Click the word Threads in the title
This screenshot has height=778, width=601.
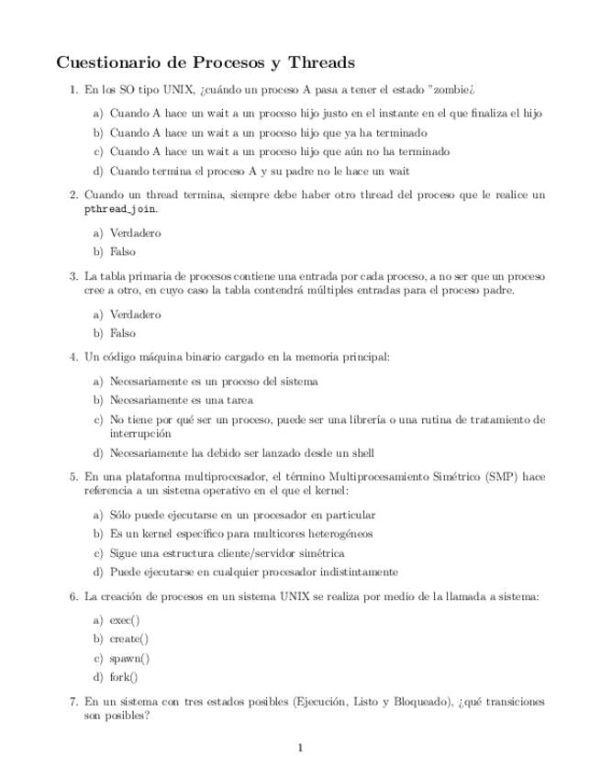[x=321, y=63]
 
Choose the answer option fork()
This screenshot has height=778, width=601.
[x=124, y=677]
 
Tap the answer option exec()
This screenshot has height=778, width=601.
[x=125, y=619]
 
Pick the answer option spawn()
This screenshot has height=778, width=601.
[x=129, y=658]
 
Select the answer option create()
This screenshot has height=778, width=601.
[x=128, y=639]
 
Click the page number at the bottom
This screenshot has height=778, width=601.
[x=300, y=749]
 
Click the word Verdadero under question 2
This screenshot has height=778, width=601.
[x=135, y=233]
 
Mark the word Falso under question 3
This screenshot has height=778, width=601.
[x=122, y=333]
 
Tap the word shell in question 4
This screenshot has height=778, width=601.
[x=362, y=452]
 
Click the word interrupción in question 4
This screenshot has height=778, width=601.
[x=140, y=433]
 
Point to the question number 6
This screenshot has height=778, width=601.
[x=73, y=596]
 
